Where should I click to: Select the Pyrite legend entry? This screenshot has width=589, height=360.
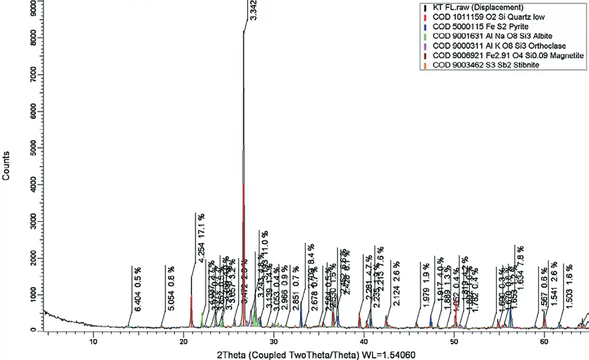click(473, 27)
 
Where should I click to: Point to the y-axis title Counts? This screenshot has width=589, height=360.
click(6, 165)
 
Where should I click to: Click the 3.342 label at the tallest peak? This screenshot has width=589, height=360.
click(253, 10)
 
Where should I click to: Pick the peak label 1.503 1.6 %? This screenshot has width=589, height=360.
click(569, 286)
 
